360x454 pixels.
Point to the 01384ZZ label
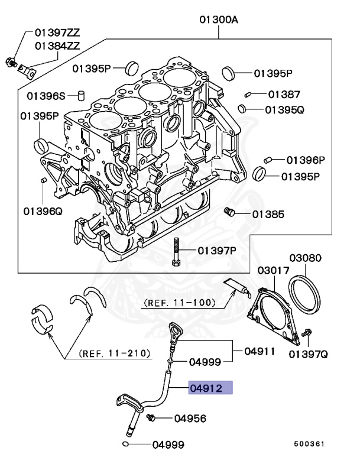(59, 45)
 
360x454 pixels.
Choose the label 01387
(284, 94)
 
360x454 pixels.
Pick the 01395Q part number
(284, 109)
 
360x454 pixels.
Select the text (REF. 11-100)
(179, 302)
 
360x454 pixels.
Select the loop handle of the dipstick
(174, 329)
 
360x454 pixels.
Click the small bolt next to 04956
(151, 417)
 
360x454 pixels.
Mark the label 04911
(260, 351)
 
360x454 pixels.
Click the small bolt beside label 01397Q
(306, 335)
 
